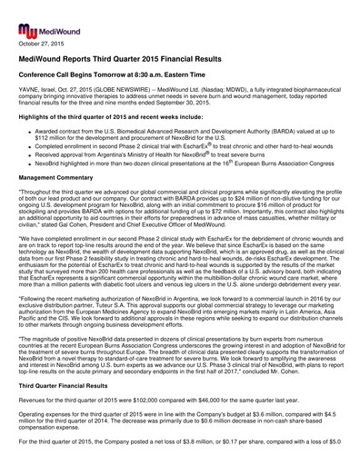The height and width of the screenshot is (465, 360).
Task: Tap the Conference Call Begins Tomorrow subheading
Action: tap(107, 76)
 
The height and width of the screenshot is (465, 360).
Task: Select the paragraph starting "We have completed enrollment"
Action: tap(179, 290)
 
